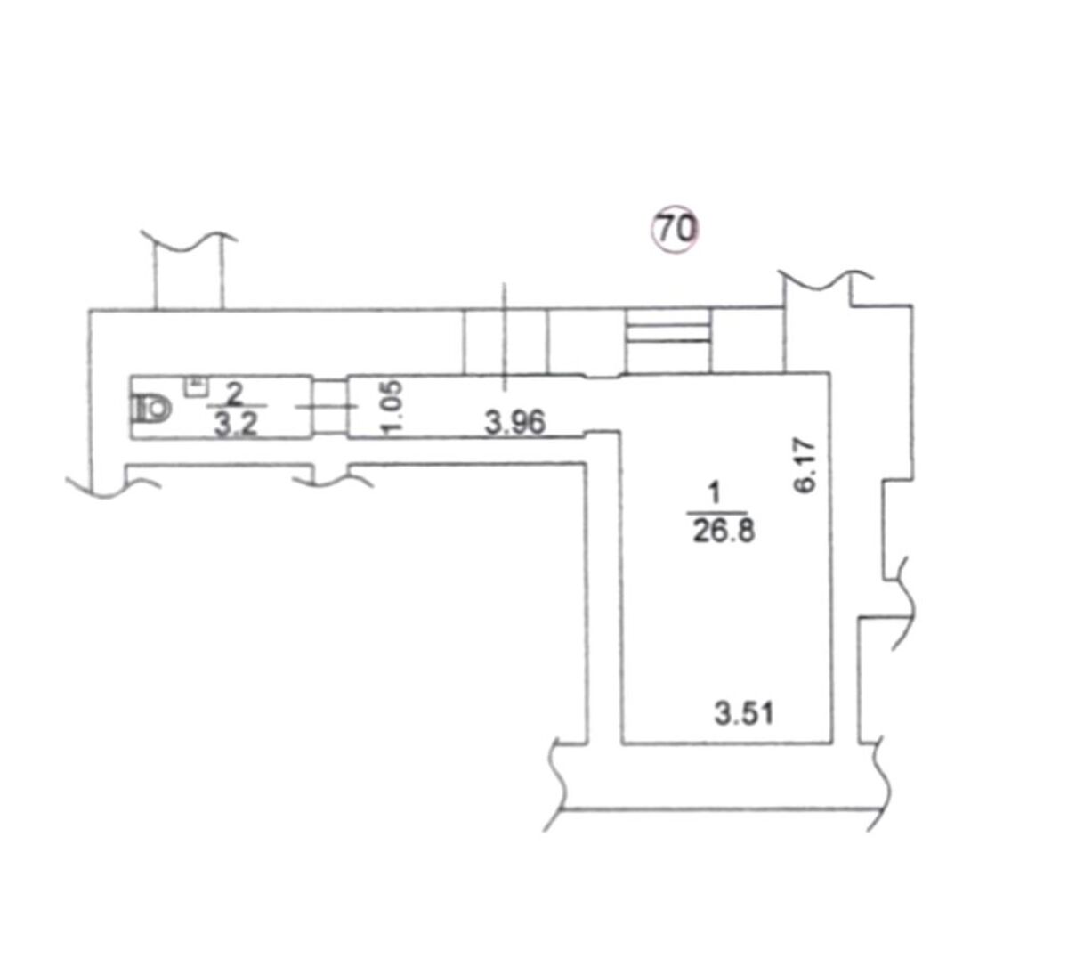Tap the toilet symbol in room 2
click(x=151, y=409)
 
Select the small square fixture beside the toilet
click(x=196, y=386)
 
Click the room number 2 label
click(x=234, y=394)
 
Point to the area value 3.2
click(x=235, y=425)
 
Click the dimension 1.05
click(x=392, y=408)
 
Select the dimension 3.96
click(x=514, y=423)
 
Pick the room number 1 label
click(x=715, y=493)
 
